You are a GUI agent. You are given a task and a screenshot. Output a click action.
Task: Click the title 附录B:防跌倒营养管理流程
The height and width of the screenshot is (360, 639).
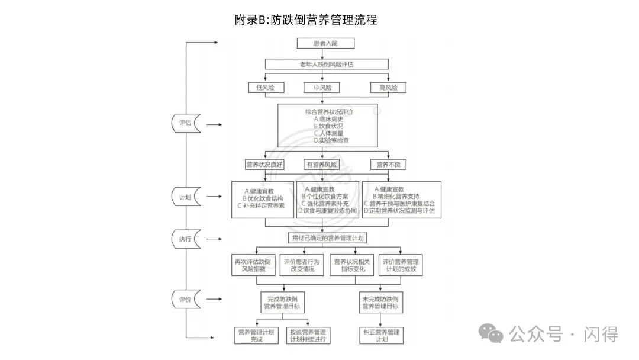point(306,20)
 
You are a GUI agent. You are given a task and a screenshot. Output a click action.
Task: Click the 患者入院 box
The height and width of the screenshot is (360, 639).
point(326,43)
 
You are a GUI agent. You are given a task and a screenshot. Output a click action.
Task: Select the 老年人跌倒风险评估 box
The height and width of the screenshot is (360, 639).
point(327,65)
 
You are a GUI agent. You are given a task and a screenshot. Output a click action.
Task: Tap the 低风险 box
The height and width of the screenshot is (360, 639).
point(266,88)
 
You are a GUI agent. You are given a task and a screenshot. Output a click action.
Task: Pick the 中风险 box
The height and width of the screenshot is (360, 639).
point(322,88)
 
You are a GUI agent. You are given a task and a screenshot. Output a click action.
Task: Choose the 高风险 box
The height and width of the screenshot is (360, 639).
point(388,88)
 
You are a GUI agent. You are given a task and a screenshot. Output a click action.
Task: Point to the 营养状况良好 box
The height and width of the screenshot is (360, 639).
point(264,165)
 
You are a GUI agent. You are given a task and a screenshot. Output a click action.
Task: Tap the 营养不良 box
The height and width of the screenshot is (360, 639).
point(388,165)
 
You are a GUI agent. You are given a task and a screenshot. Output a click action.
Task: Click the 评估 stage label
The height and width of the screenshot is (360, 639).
point(185,123)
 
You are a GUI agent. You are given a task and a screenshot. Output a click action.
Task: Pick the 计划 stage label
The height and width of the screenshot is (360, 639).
point(185,197)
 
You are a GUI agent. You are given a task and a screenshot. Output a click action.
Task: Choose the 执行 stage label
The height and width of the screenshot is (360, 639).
point(185,239)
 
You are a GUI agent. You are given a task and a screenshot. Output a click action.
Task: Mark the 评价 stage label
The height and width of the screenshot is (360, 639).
point(185,300)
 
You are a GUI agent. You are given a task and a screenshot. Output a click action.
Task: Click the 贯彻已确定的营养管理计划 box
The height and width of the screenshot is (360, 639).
point(327,238)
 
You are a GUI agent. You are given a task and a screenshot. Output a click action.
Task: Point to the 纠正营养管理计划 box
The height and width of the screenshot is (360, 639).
point(381,336)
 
